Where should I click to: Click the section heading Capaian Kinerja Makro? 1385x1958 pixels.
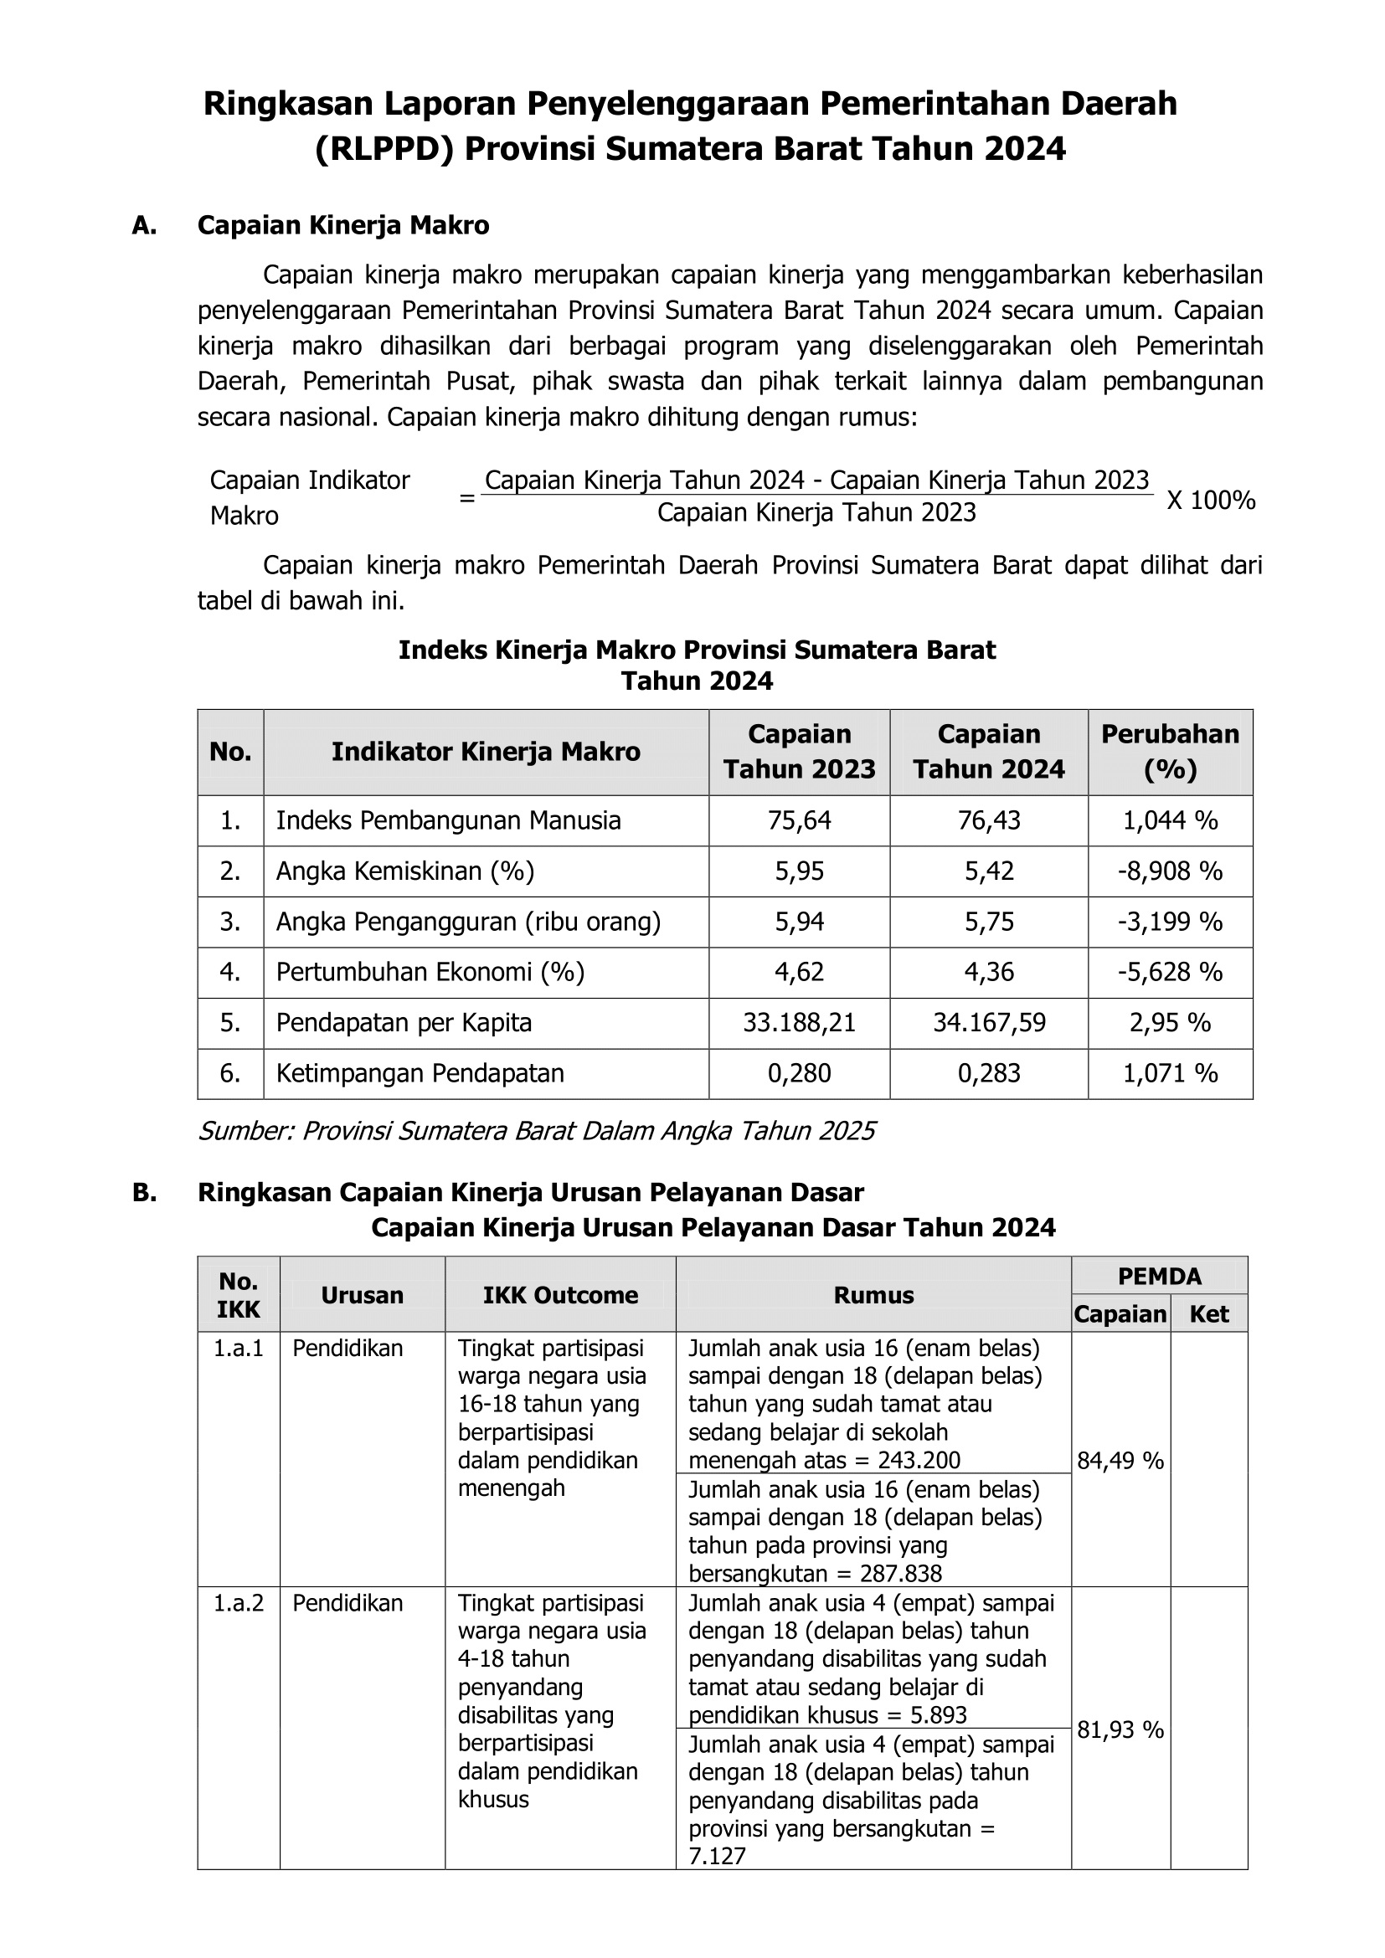342,225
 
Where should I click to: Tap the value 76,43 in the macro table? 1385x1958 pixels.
988,820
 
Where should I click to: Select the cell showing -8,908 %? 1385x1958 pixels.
1169,871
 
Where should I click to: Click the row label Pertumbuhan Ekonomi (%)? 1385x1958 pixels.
430,972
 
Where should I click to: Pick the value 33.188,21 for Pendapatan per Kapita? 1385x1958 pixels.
799,1022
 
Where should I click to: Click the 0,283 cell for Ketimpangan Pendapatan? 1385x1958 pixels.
988,1073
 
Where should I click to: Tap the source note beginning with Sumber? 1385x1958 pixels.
537,1131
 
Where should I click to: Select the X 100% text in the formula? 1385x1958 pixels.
1210,501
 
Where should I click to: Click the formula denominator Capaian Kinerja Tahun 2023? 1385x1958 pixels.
816,512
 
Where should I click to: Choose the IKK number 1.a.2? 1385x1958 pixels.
238,1603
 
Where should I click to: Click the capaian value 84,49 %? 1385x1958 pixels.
1120,1461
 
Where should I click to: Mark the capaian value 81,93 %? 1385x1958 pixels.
1120,1729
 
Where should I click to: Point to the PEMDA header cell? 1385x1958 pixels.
1159,1276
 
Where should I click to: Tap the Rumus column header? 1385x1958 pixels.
873,1294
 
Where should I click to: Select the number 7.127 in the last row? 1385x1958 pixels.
717,1857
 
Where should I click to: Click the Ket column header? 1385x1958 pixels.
1208,1314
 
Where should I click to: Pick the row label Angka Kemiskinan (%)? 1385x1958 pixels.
404,871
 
